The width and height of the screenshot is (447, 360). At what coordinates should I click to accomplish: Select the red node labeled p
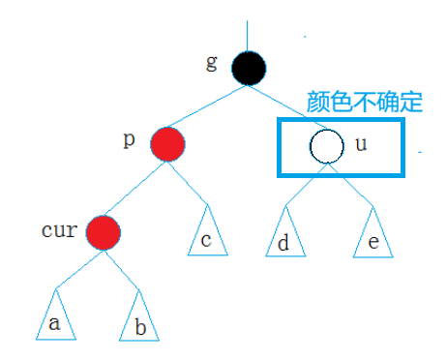click(167, 144)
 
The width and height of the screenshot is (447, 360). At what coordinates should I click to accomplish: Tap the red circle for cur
click(103, 232)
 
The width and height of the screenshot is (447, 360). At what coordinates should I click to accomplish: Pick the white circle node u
click(326, 146)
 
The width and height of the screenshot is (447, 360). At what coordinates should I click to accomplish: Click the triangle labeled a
click(54, 316)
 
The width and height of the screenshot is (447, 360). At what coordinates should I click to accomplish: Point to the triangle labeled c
click(206, 234)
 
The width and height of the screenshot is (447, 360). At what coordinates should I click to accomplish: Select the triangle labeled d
click(283, 236)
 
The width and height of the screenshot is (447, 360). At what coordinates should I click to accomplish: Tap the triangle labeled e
click(372, 236)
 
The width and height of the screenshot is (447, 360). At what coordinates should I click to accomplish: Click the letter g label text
click(212, 62)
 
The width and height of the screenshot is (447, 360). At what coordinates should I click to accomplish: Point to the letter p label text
click(130, 139)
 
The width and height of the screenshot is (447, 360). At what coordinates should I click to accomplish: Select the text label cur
click(58, 232)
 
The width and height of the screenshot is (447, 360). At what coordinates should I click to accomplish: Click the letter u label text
click(362, 145)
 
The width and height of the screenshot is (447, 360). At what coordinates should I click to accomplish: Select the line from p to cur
click(135, 188)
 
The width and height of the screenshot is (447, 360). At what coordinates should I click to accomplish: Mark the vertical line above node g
click(249, 34)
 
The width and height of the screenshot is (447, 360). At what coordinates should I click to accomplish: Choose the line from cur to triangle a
click(76, 264)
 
